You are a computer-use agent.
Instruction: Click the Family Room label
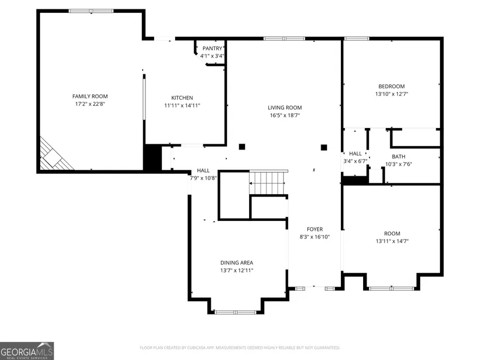(x=90, y=97)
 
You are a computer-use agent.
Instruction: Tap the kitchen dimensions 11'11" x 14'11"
(x=182, y=106)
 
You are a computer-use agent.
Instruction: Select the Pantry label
(x=212, y=48)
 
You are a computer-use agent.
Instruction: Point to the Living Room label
(x=285, y=108)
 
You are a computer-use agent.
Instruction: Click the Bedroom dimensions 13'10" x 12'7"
(x=392, y=94)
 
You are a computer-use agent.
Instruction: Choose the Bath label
(x=399, y=156)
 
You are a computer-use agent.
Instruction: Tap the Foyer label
(x=315, y=229)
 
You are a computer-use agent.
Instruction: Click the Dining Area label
(x=237, y=263)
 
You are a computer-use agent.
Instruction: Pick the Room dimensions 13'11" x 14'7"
(x=392, y=241)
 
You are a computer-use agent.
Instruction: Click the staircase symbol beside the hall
(x=268, y=182)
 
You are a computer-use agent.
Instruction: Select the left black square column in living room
(x=242, y=147)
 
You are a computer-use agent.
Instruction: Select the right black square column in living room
(x=324, y=148)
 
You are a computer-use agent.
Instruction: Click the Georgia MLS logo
(x=27, y=351)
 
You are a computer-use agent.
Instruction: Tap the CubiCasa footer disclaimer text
(x=240, y=348)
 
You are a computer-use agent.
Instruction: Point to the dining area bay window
(x=236, y=312)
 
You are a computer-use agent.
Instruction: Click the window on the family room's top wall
(x=91, y=11)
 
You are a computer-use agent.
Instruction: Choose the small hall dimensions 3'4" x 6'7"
(x=355, y=161)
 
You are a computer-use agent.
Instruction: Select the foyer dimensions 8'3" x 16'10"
(x=315, y=237)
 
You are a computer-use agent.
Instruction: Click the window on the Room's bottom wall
(x=392, y=288)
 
